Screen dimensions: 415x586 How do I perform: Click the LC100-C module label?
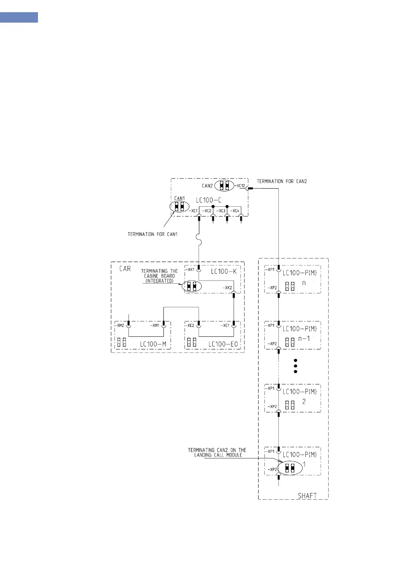pyautogui.click(x=208, y=200)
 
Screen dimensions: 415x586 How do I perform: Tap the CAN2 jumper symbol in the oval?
pyautogui.click(x=224, y=185)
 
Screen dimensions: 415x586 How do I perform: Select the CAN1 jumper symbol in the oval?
pyautogui.click(x=179, y=206)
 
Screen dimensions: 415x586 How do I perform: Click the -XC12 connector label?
pyautogui.click(x=240, y=186)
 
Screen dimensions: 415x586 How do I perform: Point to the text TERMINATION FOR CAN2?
pyautogui.click(x=282, y=181)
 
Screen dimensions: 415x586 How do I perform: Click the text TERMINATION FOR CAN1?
pyautogui.click(x=152, y=234)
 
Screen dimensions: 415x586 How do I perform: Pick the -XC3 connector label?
pyautogui.click(x=221, y=211)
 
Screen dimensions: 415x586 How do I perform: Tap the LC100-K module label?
pyautogui.click(x=224, y=271)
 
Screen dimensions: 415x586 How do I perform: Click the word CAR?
pyautogui.click(x=125, y=269)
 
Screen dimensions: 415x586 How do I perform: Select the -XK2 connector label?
pyautogui.click(x=227, y=288)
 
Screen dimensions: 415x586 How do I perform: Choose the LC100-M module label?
pyautogui.click(x=153, y=344)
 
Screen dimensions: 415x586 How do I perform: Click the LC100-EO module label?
pyautogui.click(x=223, y=344)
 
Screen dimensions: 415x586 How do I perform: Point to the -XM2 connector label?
pyautogui.click(x=120, y=326)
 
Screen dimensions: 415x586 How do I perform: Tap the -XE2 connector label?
pyautogui.click(x=191, y=326)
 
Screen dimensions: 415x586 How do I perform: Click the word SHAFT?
pyautogui.click(x=307, y=496)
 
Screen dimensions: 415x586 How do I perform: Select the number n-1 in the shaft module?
pyautogui.click(x=304, y=339)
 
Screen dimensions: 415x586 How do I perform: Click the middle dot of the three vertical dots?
pyautogui.click(x=295, y=366)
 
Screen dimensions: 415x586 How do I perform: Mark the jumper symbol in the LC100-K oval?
pyautogui.click(x=192, y=286)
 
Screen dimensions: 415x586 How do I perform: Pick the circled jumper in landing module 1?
pyautogui.click(x=290, y=468)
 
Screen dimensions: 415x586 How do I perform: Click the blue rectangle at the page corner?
pyautogui.click(x=19, y=17)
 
